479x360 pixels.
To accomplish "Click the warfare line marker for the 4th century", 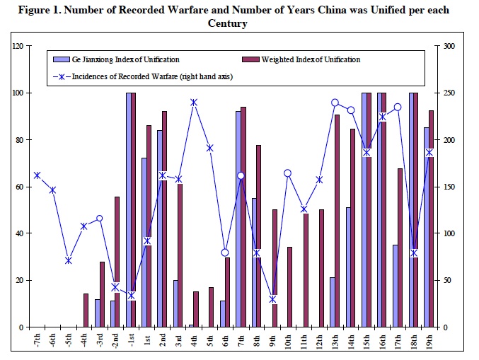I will point(194,103).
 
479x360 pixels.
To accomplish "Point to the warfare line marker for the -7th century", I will point(37,175).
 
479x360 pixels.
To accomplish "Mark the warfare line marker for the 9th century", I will point(272,299).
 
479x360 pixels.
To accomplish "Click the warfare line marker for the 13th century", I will point(335,103).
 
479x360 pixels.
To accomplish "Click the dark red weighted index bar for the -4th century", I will point(86,310).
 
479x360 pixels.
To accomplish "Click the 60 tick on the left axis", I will point(19,187).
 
